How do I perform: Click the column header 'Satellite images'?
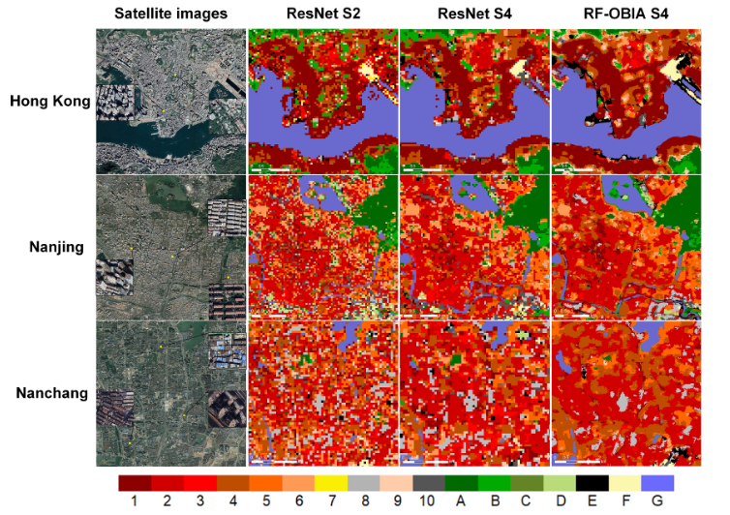pyautogui.click(x=170, y=13)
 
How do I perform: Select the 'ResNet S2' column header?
pyautogui.click(x=322, y=13)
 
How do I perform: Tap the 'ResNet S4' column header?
pyautogui.click(x=473, y=13)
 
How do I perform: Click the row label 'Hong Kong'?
pyautogui.click(x=49, y=100)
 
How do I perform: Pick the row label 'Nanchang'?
pyautogui.click(x=52, y=393)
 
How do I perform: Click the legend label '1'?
pyautogui.click(x=135, y=502)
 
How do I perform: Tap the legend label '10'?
pyautogui.click(x=428, y=502)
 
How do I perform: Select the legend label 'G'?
pyautogui.click(x=657, y=502)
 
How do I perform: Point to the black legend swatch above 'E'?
pyautogui.click(x=593, y=482)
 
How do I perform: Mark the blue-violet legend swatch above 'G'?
pyautogui.click(x=657, y=482)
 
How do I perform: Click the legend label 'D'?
pyautogui.click(x=560, y=502)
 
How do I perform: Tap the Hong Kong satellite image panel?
pyautogui.click(x=170, y=101)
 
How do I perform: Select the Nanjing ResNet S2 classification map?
pyautogui.click(x=322, y=247)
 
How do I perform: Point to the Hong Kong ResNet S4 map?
pyautogui.click(x=473, y=101)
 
